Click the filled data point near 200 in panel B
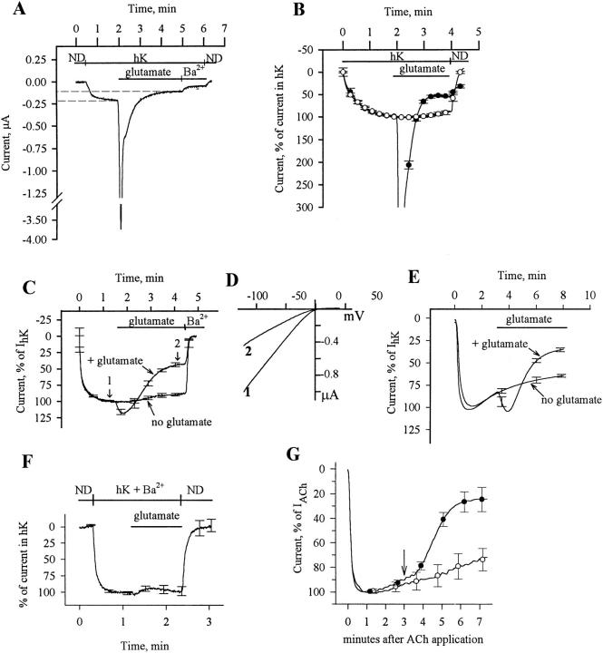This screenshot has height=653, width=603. (x=409, y=164)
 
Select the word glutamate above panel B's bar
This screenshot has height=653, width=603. (x=420, y=68)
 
